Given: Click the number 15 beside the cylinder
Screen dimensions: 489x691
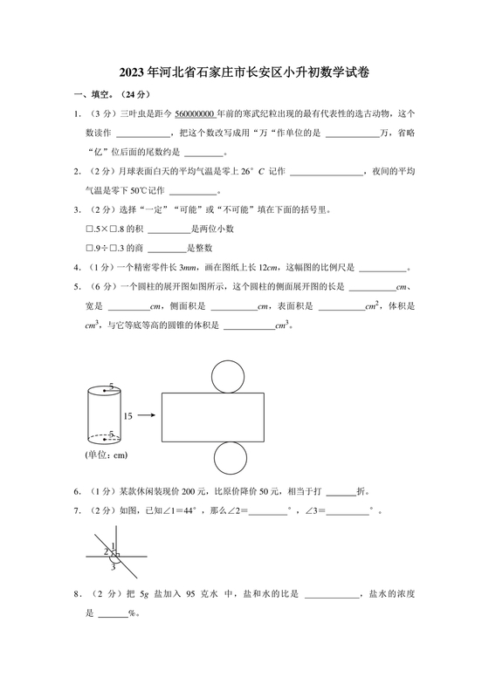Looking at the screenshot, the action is pyautogui.click(x=129, y=416).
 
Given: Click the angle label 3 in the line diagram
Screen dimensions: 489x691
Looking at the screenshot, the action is pyautogui.click(x=113, y=567).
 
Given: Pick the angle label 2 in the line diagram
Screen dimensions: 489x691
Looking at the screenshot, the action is pyautogui.click(x=106, y=551).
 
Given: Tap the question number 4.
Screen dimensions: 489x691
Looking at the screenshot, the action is pyautogui.click(x=78, y=268).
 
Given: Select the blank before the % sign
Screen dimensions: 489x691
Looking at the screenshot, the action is pyautogui.click(x=112, y=614).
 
